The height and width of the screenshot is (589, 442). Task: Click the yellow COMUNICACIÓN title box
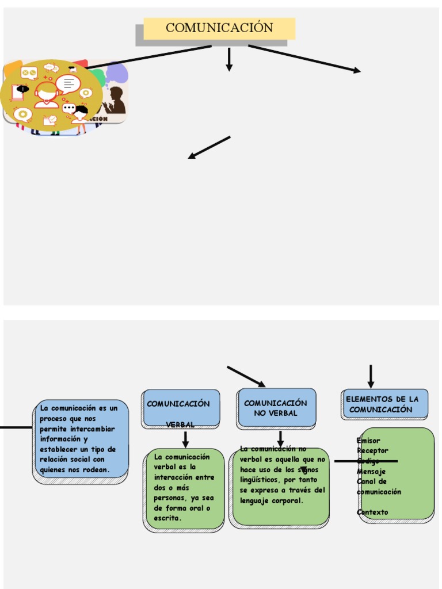(219, 28)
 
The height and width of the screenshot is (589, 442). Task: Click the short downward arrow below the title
(229, 59)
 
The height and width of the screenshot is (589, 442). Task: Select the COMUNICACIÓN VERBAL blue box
(181, 408)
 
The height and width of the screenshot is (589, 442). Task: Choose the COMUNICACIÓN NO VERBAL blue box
(276, 408)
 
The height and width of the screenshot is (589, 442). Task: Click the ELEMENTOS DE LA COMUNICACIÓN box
(384, 404)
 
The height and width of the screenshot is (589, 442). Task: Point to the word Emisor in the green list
(368, 441)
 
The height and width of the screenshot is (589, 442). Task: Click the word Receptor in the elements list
(372, 450)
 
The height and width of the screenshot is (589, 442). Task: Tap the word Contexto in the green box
(372, 512)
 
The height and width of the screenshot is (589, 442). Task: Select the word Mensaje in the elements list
(371, 471)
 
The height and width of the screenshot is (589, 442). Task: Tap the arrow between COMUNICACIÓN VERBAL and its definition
(185, 440)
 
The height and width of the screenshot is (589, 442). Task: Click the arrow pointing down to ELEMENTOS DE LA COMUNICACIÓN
(371, 377)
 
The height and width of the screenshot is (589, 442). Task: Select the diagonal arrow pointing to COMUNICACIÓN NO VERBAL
(246, 376)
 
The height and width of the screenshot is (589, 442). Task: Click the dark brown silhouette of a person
(116, 101)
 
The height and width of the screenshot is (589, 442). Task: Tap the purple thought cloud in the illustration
(117, 72)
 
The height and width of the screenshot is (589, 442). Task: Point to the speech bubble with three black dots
(69, 108)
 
